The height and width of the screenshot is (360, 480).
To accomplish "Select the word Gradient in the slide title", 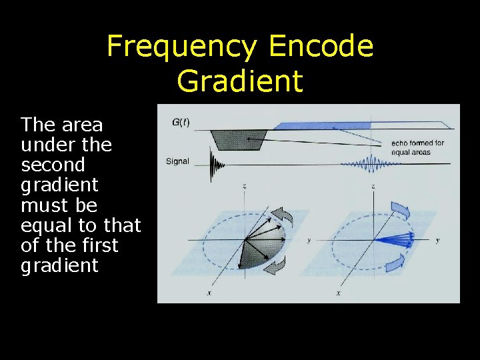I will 240,81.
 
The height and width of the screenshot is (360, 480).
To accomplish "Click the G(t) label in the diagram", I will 181,122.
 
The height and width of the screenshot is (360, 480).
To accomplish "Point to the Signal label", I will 177,161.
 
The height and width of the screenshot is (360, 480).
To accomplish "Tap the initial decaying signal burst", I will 215,164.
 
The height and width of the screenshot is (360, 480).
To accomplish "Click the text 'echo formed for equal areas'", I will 417,147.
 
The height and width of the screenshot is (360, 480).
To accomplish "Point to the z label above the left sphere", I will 245,185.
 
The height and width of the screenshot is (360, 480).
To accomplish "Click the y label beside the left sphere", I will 309,240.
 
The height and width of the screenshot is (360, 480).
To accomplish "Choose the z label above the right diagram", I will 372,185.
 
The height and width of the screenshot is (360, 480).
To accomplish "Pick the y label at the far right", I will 437,240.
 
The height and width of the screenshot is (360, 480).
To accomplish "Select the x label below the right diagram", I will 339,293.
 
